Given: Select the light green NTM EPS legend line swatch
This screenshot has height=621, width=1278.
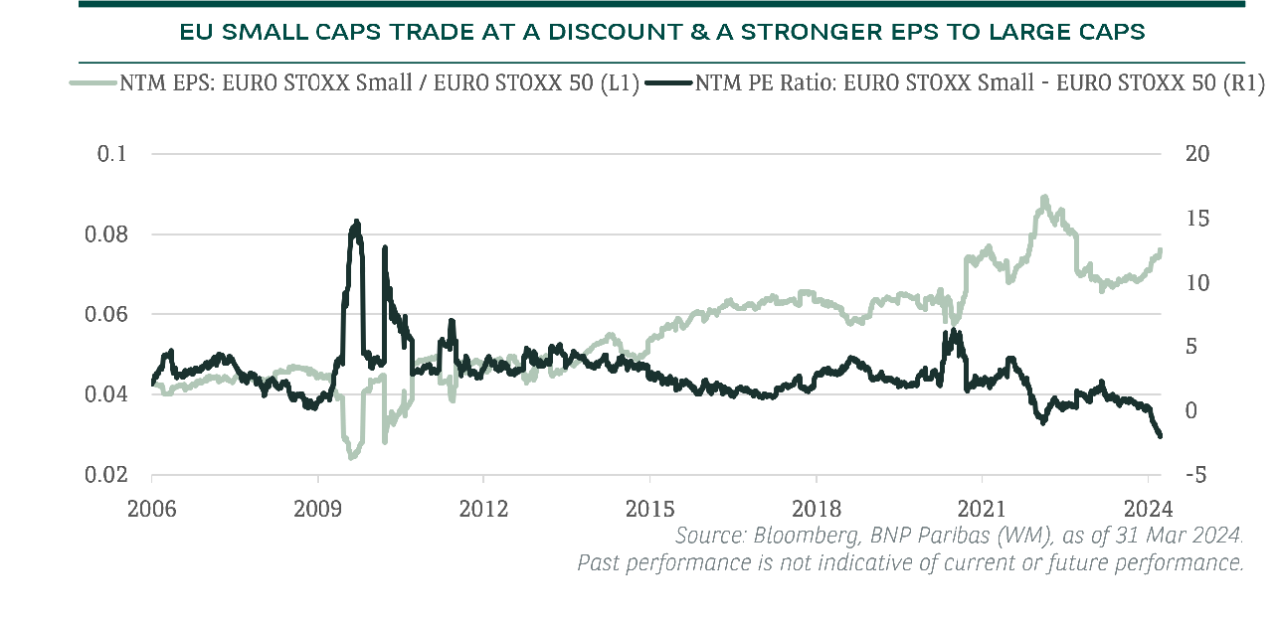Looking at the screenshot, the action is tap(93, 83).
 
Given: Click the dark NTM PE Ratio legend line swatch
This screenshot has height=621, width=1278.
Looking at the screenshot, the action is tap(669, 83).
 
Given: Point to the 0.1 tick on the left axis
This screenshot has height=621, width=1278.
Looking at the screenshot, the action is tap(111, 154).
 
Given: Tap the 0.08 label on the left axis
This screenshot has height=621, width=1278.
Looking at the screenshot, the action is tap(106, 234).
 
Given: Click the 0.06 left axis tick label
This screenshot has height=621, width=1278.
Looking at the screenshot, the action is tap(106, 314).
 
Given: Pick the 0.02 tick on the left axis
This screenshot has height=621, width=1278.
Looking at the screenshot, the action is tap(106, 475).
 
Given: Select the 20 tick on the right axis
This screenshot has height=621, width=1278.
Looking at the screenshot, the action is tap(1197, 154).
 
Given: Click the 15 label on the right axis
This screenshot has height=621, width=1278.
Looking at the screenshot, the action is tap(1197, 218).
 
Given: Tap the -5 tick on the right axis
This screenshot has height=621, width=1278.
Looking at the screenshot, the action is tap(1196, 475).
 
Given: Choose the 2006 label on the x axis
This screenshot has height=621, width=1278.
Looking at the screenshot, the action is tap(151, 509).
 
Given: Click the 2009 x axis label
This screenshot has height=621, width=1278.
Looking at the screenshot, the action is tap(318, 509).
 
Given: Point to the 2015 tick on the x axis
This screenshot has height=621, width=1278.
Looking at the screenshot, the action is tap(650, 509).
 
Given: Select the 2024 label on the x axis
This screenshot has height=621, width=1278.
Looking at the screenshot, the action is tap(1148, 509).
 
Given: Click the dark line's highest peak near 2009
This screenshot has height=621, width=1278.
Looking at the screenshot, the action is tap(357, 221).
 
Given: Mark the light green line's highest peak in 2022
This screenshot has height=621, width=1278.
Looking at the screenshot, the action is tap(1044, 197).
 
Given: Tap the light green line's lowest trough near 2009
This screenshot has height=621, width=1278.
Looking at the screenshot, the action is tap(351, 457).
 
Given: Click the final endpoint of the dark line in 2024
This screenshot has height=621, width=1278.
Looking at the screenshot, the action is tap(1160, 437).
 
